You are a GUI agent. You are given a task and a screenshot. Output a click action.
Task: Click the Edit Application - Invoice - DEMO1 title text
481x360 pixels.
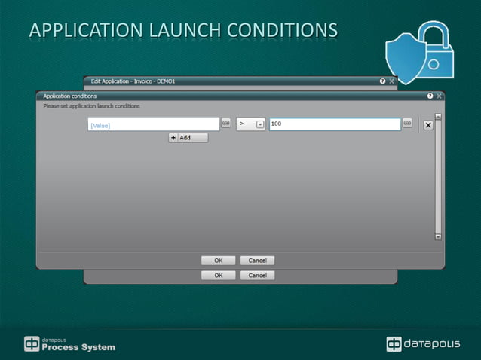(x=133, y=81)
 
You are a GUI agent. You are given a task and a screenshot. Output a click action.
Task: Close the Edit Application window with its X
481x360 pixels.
(x=392, y=81)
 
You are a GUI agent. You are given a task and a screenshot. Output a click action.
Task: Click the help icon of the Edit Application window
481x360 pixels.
(x=383, y=81)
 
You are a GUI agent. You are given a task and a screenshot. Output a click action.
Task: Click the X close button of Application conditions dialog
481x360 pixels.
(x=440, y=96)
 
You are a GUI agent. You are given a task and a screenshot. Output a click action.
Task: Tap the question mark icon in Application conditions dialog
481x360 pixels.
(x=430, y=96)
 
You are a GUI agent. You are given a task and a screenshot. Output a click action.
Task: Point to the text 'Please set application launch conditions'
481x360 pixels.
(x=91, y=106)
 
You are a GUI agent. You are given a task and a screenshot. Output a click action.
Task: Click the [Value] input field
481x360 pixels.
(x=153, y=125)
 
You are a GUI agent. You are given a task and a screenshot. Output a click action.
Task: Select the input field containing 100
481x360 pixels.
(x=334, y=124)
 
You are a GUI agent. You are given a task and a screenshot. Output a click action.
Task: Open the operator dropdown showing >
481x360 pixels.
(x=260, y=124)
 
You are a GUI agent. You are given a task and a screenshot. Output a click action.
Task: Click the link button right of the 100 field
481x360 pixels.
(x=407, y=123)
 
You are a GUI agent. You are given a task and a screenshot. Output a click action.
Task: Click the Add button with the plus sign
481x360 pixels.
(x=188, y=138)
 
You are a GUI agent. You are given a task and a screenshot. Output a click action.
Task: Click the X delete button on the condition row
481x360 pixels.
(x=428, y=125)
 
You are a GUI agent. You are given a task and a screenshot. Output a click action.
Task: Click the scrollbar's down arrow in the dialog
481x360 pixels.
(x=438, y=236)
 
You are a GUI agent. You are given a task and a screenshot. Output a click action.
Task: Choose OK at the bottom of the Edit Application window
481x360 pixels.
(x=218, y=276)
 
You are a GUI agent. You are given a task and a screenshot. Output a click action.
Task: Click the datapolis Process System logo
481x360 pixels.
(x=69, y=344)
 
